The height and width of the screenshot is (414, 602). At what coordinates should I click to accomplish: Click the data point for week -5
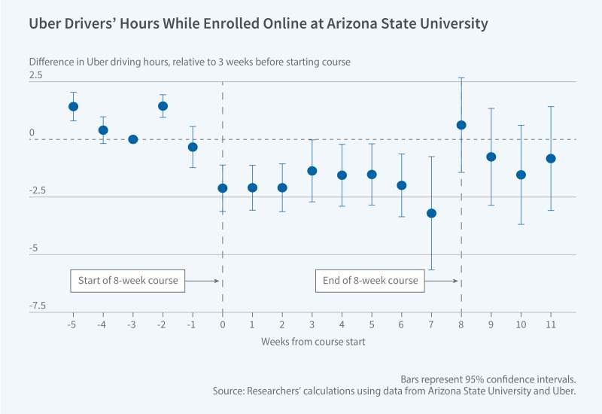(73, 106)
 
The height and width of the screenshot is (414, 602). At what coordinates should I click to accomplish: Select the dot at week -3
(133, 139)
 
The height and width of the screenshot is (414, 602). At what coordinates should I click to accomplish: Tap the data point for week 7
(431, 213)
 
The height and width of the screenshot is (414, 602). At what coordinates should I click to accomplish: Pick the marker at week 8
(461, 125)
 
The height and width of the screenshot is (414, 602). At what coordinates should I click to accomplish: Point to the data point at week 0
(223, 188)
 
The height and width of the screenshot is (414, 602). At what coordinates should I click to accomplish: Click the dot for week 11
(551, 159)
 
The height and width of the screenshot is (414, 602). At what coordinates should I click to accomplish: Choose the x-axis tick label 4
(342, 324)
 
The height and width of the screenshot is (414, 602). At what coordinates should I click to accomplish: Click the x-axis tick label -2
(162, 324)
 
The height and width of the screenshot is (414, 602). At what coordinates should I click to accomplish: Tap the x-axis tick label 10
(521, 324)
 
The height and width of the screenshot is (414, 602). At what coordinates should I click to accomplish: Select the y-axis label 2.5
(36, 75)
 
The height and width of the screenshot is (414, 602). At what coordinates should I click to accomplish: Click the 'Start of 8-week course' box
(128, 281)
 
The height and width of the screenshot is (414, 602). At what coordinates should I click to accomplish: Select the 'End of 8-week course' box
(370, 281)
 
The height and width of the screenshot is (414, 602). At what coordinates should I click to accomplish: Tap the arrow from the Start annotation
(202, 281)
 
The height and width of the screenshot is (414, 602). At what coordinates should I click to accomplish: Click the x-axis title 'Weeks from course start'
(312, 342)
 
